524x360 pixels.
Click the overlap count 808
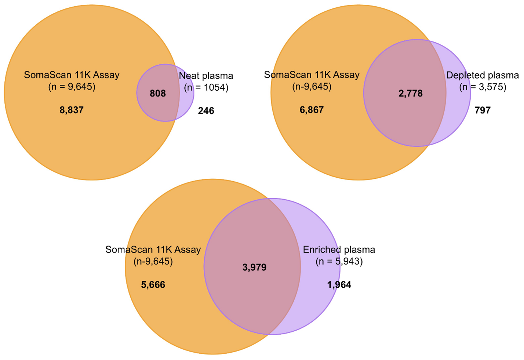point(158,94)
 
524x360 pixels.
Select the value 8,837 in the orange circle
point(72,110)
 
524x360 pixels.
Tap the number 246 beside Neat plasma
point(206,111)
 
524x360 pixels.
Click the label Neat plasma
point(206,76)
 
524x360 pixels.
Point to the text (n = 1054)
point(206,87)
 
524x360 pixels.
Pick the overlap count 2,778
point(411,94)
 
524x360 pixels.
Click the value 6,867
point(312,110)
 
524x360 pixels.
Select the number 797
point(483,110)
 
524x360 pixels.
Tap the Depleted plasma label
point(483,75)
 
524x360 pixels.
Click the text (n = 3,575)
point(483,87)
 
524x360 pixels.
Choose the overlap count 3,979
point(254,268)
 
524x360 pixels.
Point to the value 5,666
point(153,285)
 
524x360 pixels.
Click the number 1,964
point(339,285)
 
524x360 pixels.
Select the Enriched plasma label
point(339,250)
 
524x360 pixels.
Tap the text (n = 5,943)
point(339,261)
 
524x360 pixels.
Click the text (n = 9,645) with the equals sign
point(72,87)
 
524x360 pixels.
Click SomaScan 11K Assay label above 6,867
point(312,75)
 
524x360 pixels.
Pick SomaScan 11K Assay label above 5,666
point(153,250)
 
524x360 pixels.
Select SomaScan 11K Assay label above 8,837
point(72,75)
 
